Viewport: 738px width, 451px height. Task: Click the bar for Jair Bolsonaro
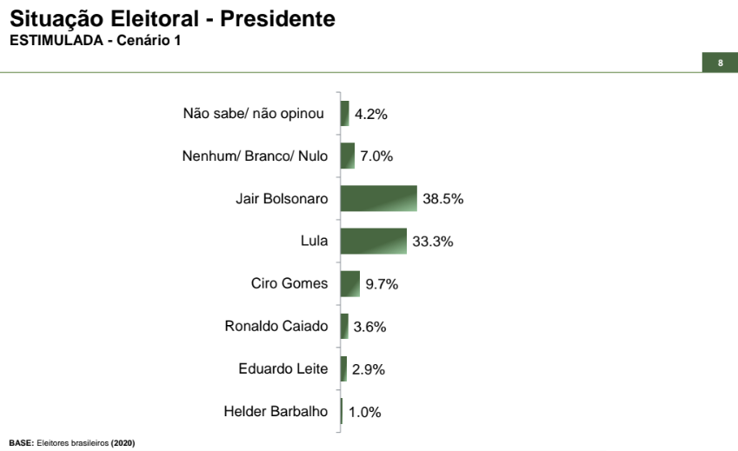point(378,198)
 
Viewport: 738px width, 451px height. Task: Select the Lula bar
point(373,241)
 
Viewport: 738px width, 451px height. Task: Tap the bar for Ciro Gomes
point(350,283)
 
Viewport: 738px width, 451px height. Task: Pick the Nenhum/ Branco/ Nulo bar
point(348,156)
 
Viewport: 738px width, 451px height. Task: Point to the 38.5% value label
point(443,199)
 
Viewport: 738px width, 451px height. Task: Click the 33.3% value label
point(433,242)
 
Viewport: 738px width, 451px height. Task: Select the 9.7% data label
point(382,284)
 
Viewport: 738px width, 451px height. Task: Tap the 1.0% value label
point(365,412)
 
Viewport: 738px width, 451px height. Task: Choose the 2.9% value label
point(369,369)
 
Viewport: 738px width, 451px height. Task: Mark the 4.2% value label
point(370,114)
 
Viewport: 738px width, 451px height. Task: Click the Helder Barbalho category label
point(276,411)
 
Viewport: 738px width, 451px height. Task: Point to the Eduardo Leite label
point(283,368)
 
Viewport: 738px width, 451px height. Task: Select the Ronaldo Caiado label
point(276,327)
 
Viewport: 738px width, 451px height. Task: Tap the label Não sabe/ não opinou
point(254,113)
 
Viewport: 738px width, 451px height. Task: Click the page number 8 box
point(720,63)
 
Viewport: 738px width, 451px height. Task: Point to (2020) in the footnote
point(123,443)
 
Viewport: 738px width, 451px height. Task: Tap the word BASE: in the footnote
point(21,443)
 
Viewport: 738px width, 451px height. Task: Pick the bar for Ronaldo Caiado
point(344,326)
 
